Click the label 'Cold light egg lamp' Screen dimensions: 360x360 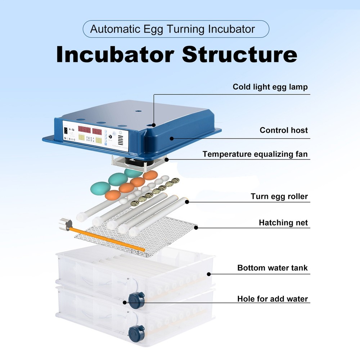tap(270, 87)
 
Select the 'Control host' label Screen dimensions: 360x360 tap(284, 130)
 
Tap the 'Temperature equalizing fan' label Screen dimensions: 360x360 tap(255, 154)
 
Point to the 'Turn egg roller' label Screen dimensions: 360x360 tap(279, 197)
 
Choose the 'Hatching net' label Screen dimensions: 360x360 tap(283, 223)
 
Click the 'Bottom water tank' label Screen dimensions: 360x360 tap(273, 268)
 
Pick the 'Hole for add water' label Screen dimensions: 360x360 tap(273, 299)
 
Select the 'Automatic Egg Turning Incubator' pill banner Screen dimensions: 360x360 tap(176, 29)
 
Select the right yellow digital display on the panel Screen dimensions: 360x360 tap(98, 139)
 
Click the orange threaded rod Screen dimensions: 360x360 tap(108, 238)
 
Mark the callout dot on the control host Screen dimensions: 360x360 tap(172, 138)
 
